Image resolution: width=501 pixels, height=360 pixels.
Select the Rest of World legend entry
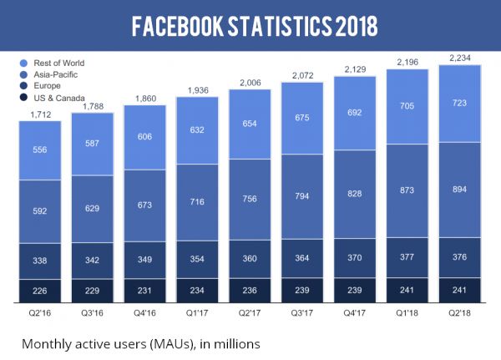point(55,63)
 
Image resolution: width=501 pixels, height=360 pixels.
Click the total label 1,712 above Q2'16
point(40,114)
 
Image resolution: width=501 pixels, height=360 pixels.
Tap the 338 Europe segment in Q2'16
point(40,261)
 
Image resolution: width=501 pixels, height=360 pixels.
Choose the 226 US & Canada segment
point(40,292)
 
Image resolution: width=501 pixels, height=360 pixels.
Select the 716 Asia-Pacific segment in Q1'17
point(197,202)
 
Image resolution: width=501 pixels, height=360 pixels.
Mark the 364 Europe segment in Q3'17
point(302,258)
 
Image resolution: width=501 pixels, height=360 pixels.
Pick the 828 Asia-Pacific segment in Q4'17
point(355,194)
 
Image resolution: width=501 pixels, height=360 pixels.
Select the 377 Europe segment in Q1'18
point(407,257)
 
